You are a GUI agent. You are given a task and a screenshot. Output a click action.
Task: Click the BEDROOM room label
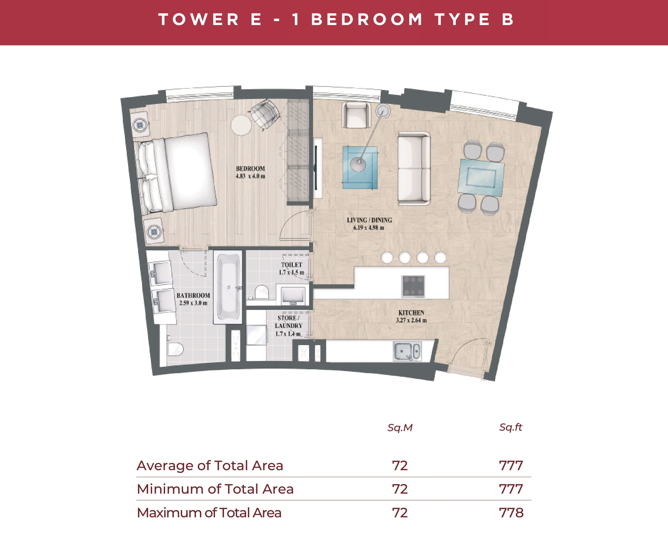pyautogui.click(x=250, y=168)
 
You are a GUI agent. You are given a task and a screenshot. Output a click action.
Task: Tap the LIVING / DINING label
pyautogui.click(x=369, y=220)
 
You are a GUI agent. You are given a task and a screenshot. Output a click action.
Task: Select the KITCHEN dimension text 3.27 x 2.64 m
pyautogui.click(x=411, y=320)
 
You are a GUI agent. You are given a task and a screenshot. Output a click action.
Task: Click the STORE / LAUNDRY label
pyautogui.click(x=288, y=322)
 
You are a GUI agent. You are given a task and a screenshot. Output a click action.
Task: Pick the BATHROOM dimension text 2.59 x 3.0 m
pyautogui.click(x=193, y=303)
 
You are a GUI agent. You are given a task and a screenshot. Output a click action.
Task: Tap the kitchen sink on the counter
pyautogui.click(x=407, y=351)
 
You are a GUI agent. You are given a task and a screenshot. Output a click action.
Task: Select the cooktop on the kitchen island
pyautogui.click(x=413, y=286)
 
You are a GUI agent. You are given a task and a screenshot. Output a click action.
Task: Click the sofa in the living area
pyautogui.click(x=414, y=169)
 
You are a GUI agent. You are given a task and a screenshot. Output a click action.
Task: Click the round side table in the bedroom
pyautogui.click(x=241, y=125)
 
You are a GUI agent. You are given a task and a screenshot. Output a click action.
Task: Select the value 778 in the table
pyautogui.click(x=511, y=513)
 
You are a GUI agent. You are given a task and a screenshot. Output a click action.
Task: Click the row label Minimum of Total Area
pyautogui.click(x=215, y=489)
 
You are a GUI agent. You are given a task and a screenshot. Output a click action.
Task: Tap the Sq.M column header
pyautogui.click(x=400, y=428)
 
